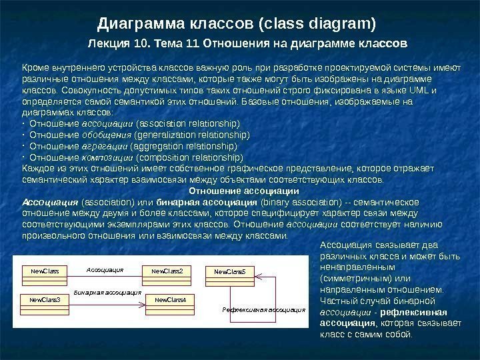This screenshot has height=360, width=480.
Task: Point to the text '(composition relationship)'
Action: tap(189, 157)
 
